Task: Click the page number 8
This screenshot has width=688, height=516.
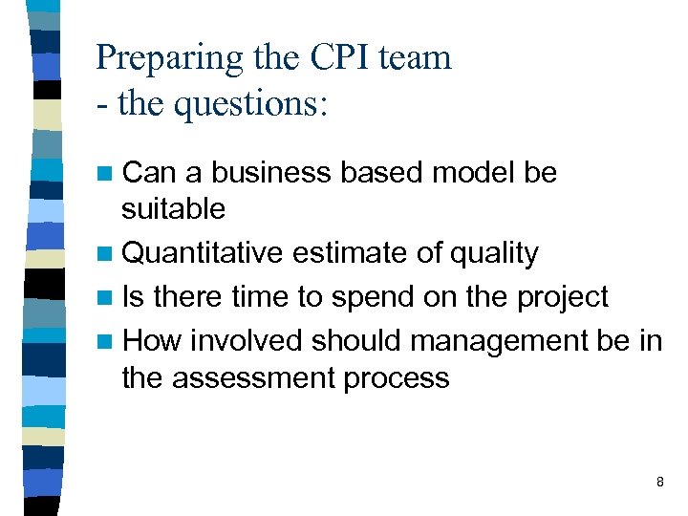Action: (660, 483)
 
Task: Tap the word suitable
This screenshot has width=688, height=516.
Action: (173, 208)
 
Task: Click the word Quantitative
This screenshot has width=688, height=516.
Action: (203, 254)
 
